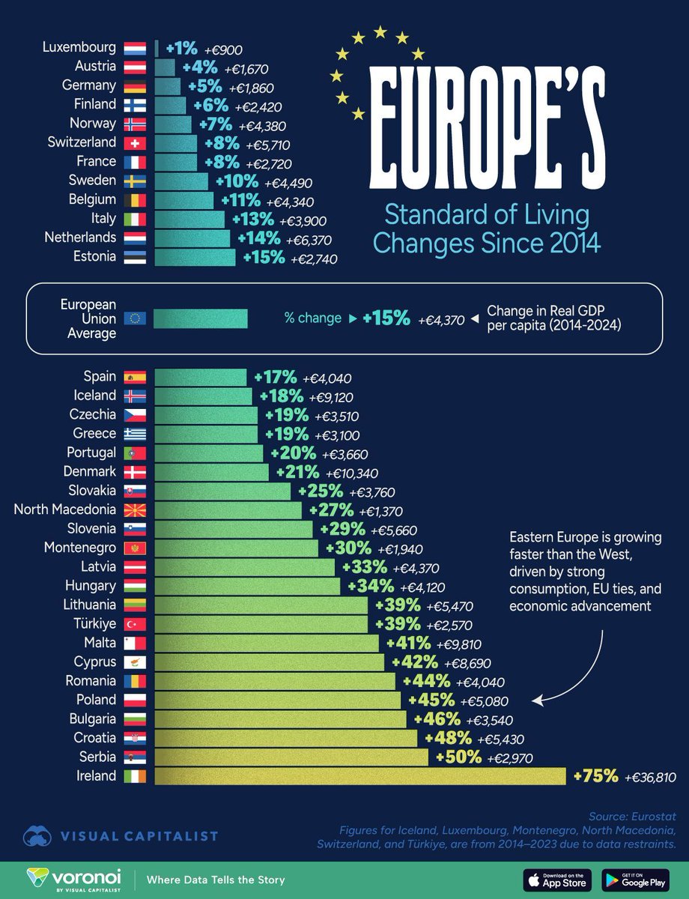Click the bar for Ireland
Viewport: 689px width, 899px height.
(x=359, y=776)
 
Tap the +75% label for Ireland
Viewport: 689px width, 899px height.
(x=595, y=776)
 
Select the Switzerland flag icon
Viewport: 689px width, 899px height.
(x=135, y=142)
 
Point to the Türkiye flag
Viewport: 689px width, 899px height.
(x=135, y=624)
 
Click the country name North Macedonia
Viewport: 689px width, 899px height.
(x=65, y=509)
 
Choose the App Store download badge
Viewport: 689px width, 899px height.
(x=556, y=879)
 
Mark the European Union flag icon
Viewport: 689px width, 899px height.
(x=135, y=318)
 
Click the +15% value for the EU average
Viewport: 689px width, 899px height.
(x=386, y=318)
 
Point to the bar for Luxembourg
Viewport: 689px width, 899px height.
(x=157, y=48)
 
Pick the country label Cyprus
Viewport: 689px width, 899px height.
(x=94, y=662)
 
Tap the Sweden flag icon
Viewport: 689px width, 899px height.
(x=135, y=181)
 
